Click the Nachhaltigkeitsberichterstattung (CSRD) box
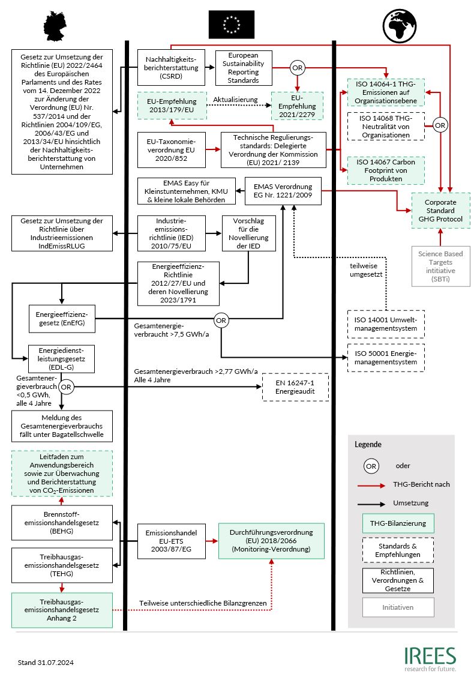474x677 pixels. [172, 67]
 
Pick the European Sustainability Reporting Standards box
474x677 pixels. [244, 67]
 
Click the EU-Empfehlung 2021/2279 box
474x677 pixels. [297, 106]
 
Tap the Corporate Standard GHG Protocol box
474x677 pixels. [440, 211]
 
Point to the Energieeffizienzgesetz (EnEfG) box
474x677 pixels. [62, 317]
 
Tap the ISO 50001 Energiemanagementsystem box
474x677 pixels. [386, 358]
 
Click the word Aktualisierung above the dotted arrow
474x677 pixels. [235, 99]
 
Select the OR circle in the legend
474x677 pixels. [371, 466]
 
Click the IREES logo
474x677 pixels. [429, 658]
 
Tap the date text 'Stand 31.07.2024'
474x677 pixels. [46, 663]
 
